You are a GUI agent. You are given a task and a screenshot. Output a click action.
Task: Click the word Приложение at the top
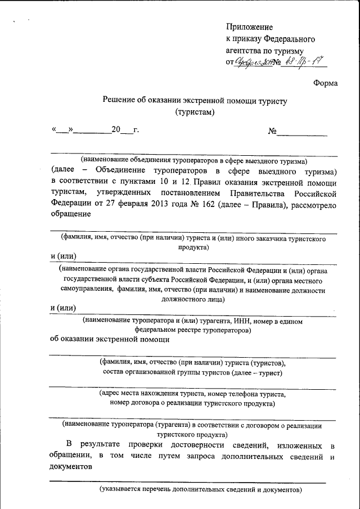(x=249, y=27)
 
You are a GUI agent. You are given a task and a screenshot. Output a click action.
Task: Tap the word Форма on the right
(x=325, y=83)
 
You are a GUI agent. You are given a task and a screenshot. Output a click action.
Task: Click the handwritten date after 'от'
(x=254, y=62)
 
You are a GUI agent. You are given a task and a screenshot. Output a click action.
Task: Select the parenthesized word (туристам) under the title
(x=195, y=112)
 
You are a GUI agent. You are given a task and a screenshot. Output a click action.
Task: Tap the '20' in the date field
(x=116, y=130)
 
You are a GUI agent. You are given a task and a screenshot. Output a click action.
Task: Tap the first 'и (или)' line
(x=63, y=257)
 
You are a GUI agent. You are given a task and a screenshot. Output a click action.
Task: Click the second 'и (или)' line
(x=63, y=307)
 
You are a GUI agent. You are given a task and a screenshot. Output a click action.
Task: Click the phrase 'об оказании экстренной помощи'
(x=109, y=339)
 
